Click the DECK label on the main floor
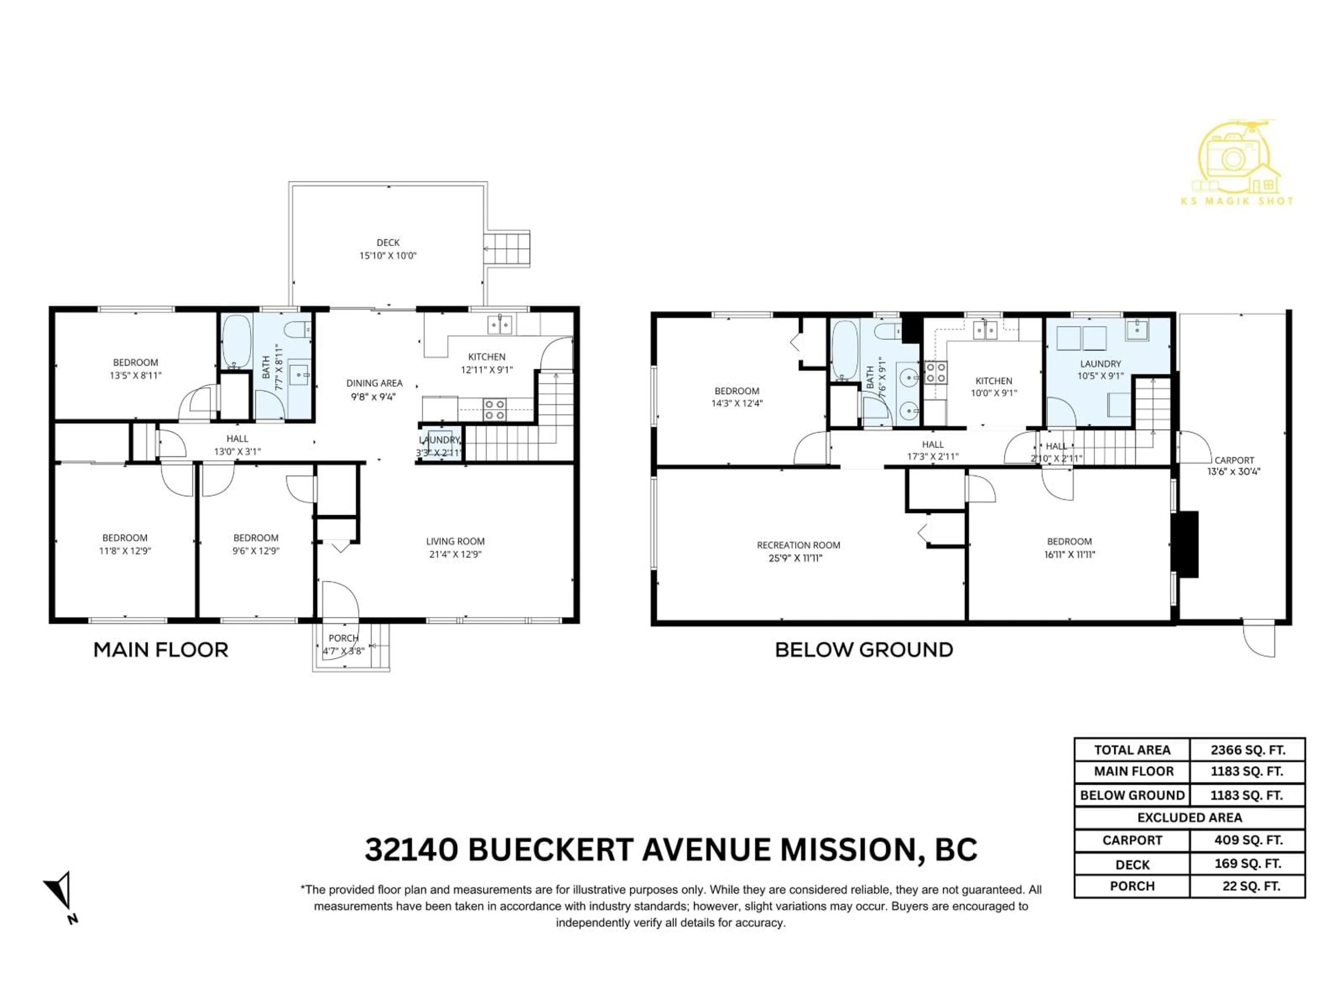(x=388, y=242)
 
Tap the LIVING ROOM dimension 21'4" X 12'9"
(x=455, y=554)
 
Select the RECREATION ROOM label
(x=799, y=545)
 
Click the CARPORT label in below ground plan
(x=1234, y=460)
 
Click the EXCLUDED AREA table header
(x=1189, y=817)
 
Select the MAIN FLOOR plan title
(x=161, y=650)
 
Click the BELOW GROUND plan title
(x=864, y=650)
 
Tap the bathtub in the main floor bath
(x=236, y=341)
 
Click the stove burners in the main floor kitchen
(x=495, y=409)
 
